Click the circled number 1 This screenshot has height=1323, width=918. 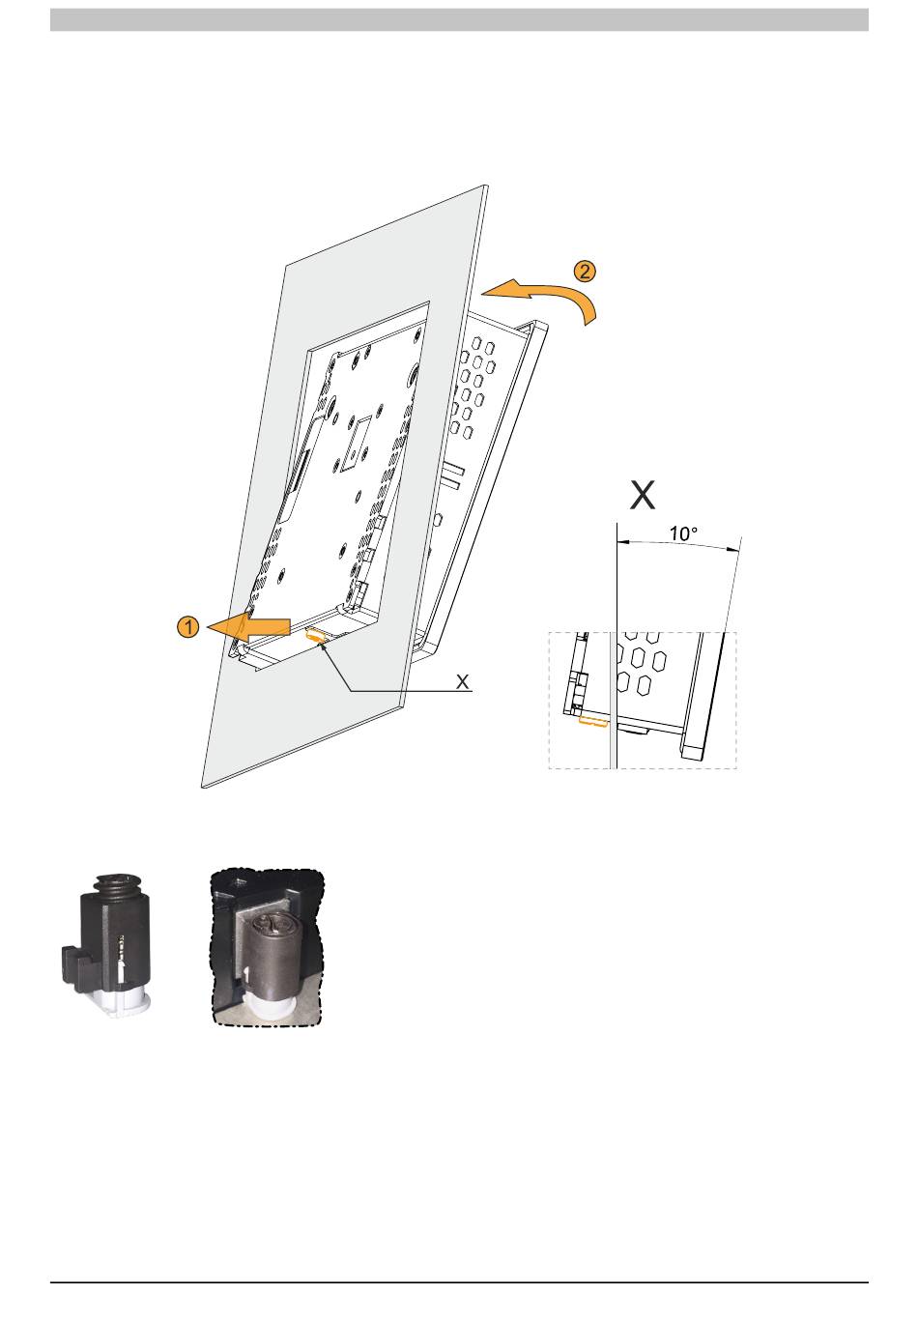[x=188, y=627]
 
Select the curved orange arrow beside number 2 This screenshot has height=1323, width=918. [x=546, y=293]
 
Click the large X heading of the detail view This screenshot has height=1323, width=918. [x=642, y=496]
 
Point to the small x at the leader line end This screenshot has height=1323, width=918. [x=463, y=682]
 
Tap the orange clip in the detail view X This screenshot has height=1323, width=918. [x=591, y=720]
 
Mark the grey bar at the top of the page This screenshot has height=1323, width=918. [x=459, y=20]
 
